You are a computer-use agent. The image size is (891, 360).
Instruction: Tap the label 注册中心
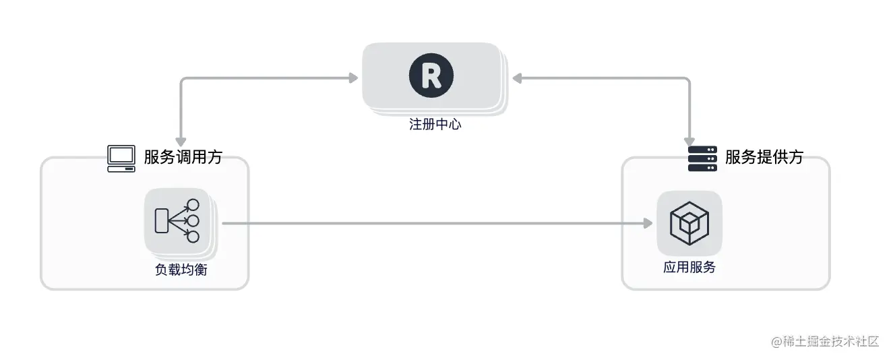(435, 125)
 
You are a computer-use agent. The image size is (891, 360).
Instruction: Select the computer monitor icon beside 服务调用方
(121, 158)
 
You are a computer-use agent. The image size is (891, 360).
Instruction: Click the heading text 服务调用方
(183, 158)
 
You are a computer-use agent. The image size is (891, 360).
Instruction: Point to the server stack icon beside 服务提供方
(702, 158)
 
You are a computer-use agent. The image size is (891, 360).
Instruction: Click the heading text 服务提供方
(764, 158)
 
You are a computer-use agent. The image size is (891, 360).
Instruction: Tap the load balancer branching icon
(178, 221)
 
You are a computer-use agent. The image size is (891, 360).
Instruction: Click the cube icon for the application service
(689, 223)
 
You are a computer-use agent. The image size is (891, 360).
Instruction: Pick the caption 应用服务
(689, 268)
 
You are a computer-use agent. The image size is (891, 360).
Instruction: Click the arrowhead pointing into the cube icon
(648, 223)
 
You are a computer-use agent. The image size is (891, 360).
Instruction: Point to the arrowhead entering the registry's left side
(352, 78)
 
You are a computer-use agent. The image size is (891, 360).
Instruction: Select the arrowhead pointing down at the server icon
(689, 141)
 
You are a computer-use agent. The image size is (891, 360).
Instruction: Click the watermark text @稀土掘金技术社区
(825, 341)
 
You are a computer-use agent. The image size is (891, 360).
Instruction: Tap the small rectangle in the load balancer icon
(161, 221)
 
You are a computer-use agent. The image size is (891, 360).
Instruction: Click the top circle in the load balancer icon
(193, 205)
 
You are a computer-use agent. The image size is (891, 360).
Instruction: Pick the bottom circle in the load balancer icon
(193, 237)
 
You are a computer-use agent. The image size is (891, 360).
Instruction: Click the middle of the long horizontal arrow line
(435, 223)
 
